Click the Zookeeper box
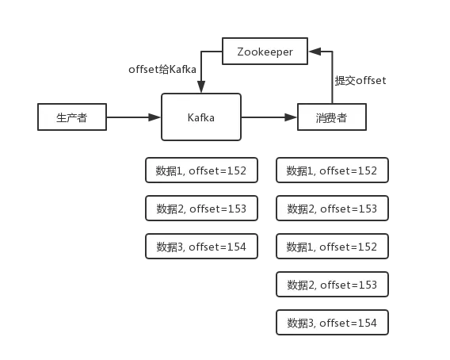tap(265, 52)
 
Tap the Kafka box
tap(200, 118)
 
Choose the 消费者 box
tap(333, 118)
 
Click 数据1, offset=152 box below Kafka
tap(201, 170)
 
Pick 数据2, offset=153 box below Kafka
tap(201, 209)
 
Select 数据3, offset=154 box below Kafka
tap(201, 247)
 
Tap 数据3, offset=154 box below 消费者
tap(332, 323)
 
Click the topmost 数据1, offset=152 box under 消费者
tap(332, 170)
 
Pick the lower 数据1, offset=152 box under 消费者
tap(332, 247)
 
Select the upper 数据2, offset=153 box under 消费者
tap(332, 209)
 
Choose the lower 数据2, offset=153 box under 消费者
tap(332, 285)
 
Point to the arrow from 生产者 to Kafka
tap(132, 118)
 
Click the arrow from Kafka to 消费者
tap(269, 118)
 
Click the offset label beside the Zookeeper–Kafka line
tap(162, 70)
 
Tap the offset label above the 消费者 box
tap(359, 81)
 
